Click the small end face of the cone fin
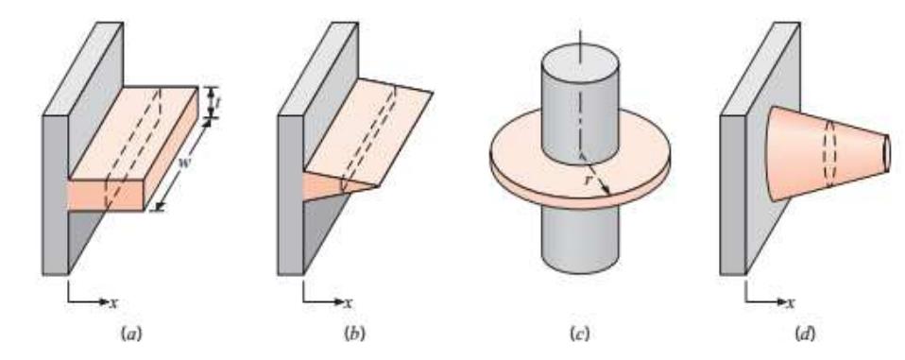(x=886, y=149)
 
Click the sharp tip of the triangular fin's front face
(x=377, y=185)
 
